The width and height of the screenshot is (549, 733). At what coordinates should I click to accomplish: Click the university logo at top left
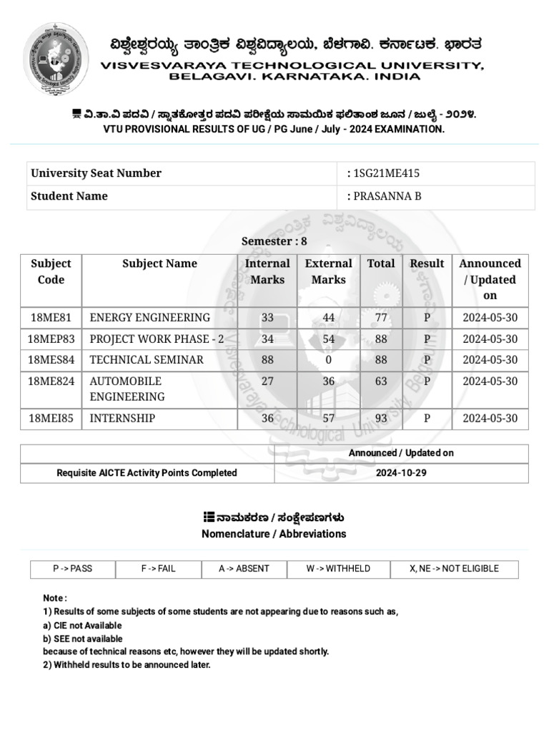[x=57, y=59]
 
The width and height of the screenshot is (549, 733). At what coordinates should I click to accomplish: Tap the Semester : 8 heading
[x=274, y=241]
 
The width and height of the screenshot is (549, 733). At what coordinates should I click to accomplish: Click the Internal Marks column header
[x=267, y=271]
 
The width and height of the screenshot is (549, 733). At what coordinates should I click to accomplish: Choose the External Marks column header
[x=328, y=271]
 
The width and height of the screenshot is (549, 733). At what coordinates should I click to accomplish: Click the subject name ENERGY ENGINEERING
[x=149, y=317]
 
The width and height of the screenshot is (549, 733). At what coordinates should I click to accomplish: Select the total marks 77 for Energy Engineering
[x=380, y=317]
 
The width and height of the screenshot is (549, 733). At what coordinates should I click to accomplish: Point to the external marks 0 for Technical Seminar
[x=328, y=360]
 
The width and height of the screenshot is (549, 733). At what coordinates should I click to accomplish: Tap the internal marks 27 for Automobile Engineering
[x=267, y=381]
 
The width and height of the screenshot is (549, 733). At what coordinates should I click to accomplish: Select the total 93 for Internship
[x=380, y=418]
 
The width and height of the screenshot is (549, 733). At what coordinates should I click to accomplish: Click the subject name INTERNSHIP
[x=122, y=418]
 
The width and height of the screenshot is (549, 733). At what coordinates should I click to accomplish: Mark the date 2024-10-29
[x=401, y=473]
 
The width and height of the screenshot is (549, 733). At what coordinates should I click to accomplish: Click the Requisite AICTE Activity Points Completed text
[x=147, y=473]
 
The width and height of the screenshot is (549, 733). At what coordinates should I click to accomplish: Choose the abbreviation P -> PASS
[x=72, y=569]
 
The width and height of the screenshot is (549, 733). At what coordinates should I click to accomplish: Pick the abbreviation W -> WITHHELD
[x=338, y=569]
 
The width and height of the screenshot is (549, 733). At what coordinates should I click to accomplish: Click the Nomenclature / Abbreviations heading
[x=274, y=534]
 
